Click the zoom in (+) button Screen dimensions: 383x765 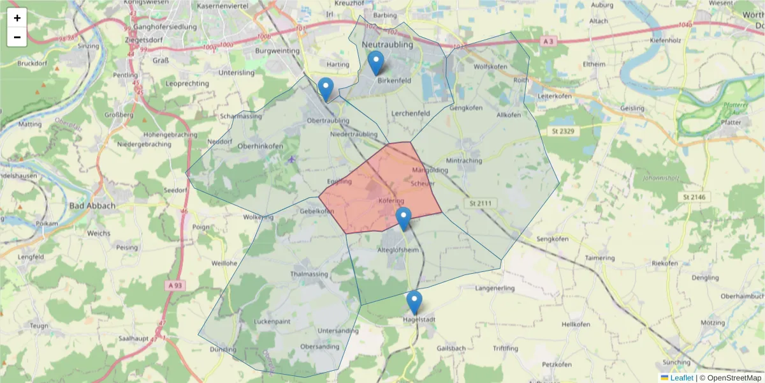tap(17, 18)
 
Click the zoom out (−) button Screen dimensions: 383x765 tap(17, 37)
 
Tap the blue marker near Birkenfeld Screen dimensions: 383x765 tap(376, 63)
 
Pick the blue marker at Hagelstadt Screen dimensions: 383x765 tap(414, 303)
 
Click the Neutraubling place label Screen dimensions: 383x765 tap(387, 45)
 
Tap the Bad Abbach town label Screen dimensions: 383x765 tap(92, 206)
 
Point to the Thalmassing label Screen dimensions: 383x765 tap(309, 274)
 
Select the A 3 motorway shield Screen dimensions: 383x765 tap(548, 41)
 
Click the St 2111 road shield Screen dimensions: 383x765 tap(481, 203)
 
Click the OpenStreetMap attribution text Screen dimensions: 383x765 tap(730, 378)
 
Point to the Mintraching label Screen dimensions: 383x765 tap(464, 161)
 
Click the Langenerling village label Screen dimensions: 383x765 tap(495, 289)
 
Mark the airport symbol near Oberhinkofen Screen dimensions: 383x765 tap(292, 159)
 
